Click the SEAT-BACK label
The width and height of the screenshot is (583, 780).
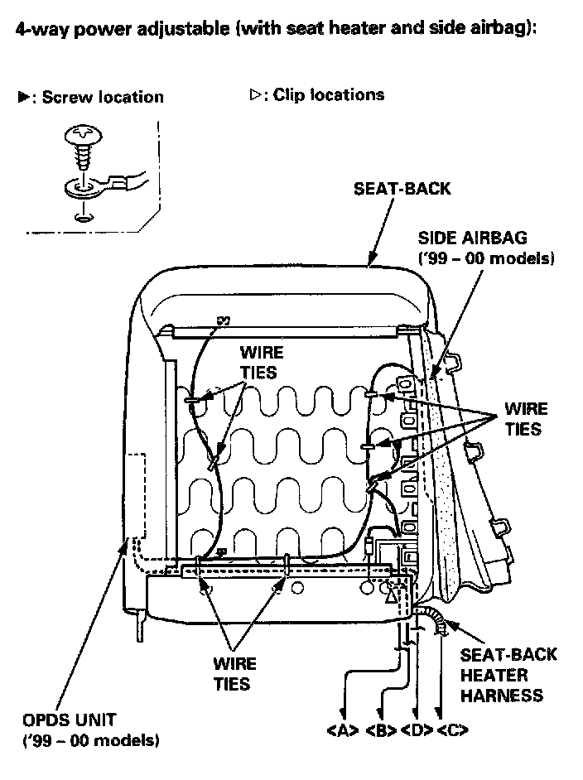tap(402, 189)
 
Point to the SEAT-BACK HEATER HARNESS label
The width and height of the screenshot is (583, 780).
tap(508, 675)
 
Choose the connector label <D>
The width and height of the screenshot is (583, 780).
tap(416, 731)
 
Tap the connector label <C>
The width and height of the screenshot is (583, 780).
tap(452, 731)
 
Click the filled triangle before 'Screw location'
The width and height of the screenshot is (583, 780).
tap(24, 98)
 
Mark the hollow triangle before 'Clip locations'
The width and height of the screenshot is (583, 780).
tap(255, 95)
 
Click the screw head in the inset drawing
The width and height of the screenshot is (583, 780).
tap(82, 132)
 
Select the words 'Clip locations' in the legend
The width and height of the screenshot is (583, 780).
tap(329, 95)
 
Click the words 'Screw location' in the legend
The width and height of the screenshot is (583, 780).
tap(103, 98)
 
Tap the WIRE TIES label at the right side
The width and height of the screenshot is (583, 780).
tap(525, 419)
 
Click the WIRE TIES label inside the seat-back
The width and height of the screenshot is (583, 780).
tap(259, 362)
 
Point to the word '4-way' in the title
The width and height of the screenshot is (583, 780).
tap(40, 30)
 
